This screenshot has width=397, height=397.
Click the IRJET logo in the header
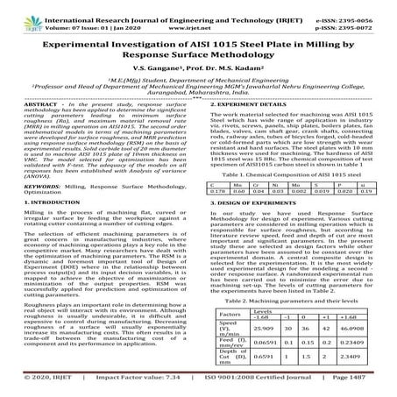pyautogui.click(x=19, y=15)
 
